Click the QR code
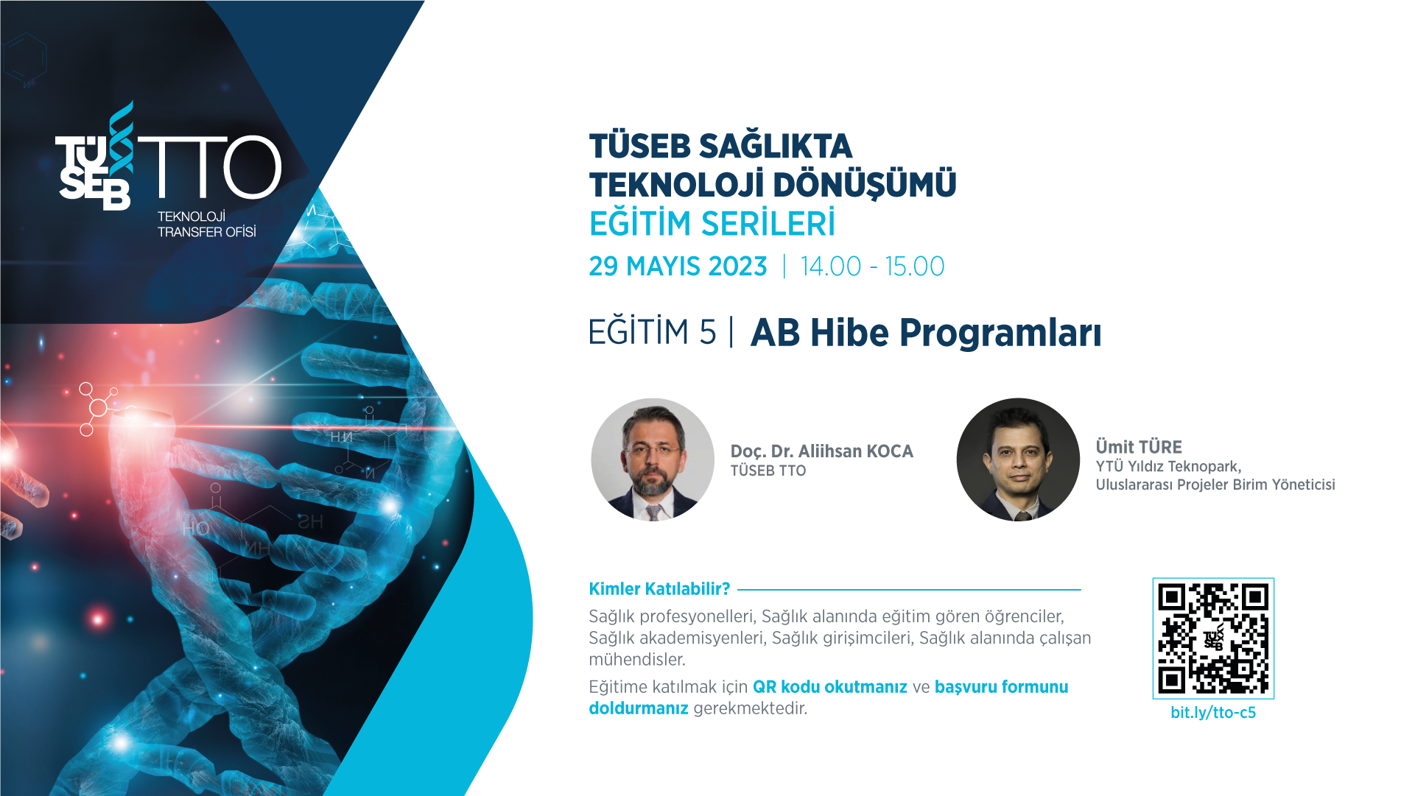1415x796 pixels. click(x=1213, y=638)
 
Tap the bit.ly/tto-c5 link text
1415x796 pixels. click(x=1213, y=713)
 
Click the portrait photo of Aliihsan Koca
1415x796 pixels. click(x=653, y=459)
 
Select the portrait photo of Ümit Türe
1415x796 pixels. click(x=1018, y=459)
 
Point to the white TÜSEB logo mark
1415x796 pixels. click(x=95, y=156)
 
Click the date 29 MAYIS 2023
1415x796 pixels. click(x=678, y=266)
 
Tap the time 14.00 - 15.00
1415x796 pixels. click(x=872, y=266)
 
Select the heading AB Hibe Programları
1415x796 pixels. click(x=926, y=332)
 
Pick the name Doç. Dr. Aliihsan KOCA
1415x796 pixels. click(x=821, y=451)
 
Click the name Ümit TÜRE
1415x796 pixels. click(x=1139, y=446)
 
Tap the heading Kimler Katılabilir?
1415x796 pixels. click(x=659, y=588)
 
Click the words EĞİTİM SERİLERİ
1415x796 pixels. click(x=712, y=223)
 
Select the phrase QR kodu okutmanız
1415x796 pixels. click(x=830, y=686)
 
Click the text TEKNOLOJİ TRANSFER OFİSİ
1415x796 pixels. click(x=207, y=224)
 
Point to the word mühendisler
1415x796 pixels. click(x=637, y=659)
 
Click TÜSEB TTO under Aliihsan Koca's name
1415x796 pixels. click(x=768, y=471)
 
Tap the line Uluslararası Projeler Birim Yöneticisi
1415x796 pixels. click(x=1215, y=485)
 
